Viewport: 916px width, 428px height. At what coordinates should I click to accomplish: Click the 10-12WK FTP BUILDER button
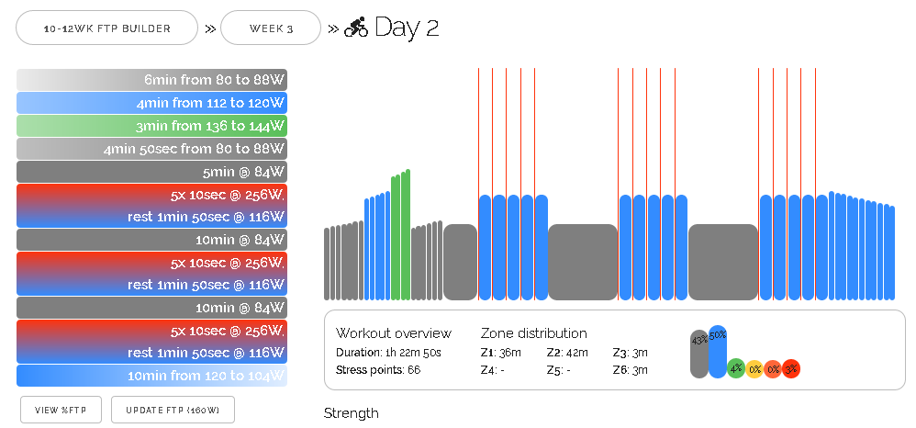pos(107,28)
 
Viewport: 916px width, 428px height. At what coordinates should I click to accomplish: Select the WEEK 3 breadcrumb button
pos(271,28)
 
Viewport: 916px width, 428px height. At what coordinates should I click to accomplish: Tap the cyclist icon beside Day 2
pos(356,28)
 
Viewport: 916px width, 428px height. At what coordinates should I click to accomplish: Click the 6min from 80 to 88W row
pos(151,80)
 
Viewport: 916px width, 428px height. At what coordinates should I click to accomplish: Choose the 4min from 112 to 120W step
pos(151,103)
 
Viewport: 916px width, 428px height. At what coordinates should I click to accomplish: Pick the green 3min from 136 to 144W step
pos(151,126)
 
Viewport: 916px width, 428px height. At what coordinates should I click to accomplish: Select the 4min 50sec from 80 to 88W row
pos(151,149)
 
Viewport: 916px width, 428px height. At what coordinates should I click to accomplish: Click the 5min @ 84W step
pos(151,172)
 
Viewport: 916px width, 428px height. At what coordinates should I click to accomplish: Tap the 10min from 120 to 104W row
pos(151,376)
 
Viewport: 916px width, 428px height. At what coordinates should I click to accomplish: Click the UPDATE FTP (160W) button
pos(173,410)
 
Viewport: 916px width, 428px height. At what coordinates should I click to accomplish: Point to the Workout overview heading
pos(394,333)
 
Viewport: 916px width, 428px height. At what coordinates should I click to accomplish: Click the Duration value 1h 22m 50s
pos(427,353)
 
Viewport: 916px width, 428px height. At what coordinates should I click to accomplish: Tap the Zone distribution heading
pos(533,333)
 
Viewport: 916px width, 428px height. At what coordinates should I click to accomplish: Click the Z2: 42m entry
pos(567,353)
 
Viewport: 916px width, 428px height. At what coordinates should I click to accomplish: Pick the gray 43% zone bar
pos(699,354)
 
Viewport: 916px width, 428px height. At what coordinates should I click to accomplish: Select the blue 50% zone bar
pos(718,352)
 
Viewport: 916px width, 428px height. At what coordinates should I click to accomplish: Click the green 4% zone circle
pos(736,368)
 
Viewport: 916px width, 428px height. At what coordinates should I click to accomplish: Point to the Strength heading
pos(351,413)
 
